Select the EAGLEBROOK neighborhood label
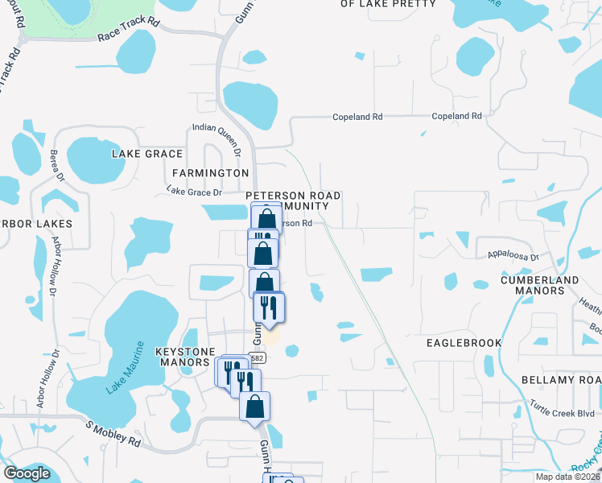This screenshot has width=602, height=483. tap(464, 343)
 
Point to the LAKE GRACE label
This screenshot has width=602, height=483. tap(147, 154)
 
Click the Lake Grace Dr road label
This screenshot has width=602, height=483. tap(193, 192)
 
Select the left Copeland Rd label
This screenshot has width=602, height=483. tap(357, 118)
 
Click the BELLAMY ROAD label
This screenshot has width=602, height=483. tap(560, 380)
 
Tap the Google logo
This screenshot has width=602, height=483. tap(27, 473)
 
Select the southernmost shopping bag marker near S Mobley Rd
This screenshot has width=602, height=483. tap(254, 407)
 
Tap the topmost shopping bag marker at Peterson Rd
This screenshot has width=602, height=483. tap(266, 218)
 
